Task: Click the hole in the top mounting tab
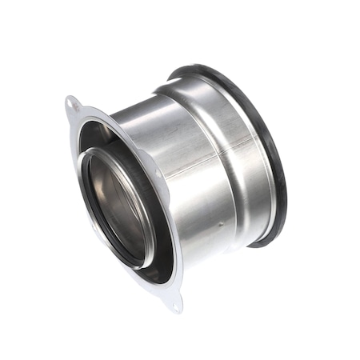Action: [x=74, y=103]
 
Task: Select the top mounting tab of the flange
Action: [x=74, y=106]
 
